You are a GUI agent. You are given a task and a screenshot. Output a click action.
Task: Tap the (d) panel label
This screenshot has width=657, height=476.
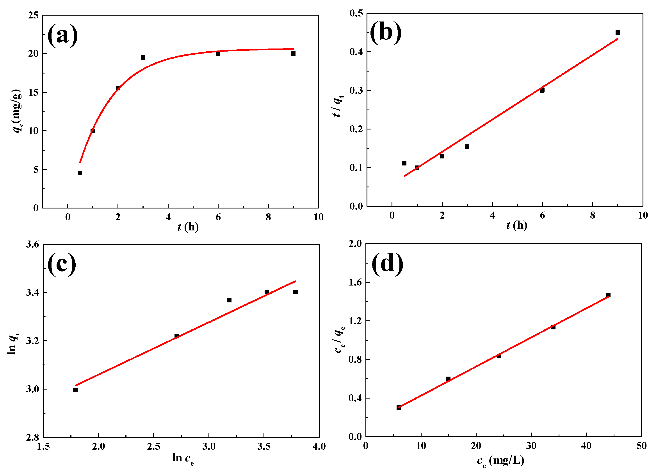pos(387,264)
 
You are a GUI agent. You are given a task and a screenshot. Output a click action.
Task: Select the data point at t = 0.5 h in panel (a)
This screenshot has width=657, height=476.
pos(80,173)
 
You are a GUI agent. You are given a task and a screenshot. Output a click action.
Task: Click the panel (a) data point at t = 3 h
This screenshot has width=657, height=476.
pos(143,57)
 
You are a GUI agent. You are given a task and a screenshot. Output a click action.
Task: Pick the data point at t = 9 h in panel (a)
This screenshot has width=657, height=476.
pos(293,53)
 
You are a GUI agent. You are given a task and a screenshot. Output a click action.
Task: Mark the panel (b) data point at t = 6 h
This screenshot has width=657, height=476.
pos(542,90)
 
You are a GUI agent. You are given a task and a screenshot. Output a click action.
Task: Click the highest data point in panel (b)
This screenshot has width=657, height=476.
pos(618,32)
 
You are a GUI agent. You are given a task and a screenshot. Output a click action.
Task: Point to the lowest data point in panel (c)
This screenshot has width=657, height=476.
pos(75,390)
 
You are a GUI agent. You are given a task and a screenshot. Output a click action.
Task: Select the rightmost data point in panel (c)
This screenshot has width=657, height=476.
pos(296,292)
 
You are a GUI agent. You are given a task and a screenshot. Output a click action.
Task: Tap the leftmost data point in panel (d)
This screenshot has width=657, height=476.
pos(399,408)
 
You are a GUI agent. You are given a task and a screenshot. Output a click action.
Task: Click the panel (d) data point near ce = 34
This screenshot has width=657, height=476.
pos(553,327)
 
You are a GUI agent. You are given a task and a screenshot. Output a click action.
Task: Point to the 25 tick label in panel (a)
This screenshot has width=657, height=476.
pos(33,15)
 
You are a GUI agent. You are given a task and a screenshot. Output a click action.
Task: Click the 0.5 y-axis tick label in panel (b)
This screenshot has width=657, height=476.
pos(356,13)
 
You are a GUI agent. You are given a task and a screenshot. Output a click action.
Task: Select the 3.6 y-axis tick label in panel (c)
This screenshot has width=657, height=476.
pos(32,244)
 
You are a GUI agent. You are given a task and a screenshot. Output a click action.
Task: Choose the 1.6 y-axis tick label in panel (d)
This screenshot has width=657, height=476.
pos(355,282)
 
